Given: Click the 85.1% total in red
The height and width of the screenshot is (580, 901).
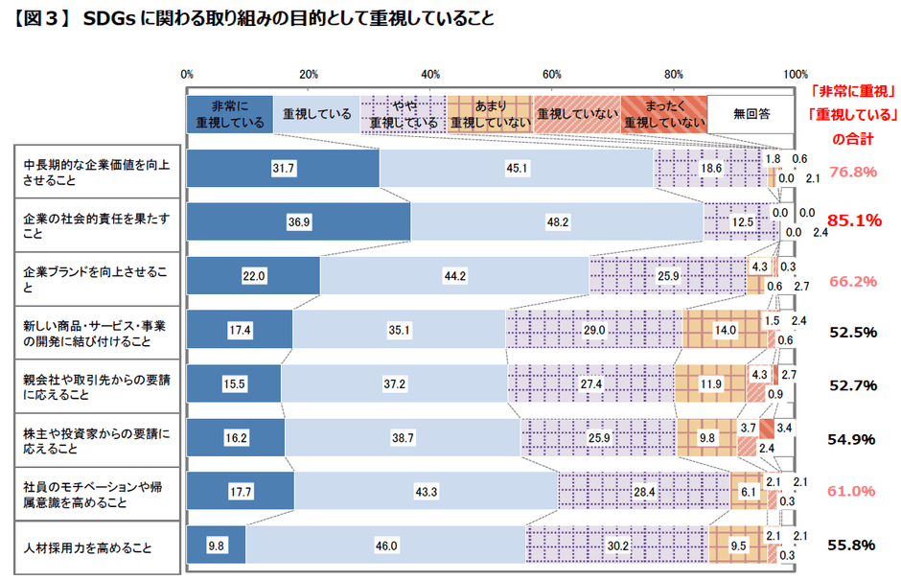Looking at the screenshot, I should point(854,220).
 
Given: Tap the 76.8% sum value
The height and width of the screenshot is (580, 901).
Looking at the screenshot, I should point(854,173).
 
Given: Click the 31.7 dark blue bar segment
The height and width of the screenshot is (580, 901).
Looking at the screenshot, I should point(283,168).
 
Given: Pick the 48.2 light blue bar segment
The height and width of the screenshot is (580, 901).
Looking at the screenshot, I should point(558,221).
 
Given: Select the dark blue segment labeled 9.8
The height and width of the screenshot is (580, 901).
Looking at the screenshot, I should point(217,545).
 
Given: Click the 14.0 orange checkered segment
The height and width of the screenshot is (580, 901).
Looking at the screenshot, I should point(726,330).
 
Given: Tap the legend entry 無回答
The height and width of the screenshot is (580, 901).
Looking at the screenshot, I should point(751,114).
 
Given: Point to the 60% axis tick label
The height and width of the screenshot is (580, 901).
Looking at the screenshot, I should point(552,74).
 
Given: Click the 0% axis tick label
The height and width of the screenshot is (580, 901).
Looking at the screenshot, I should point(188,74).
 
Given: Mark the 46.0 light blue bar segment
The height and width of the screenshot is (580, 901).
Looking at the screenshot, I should point(386,545).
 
